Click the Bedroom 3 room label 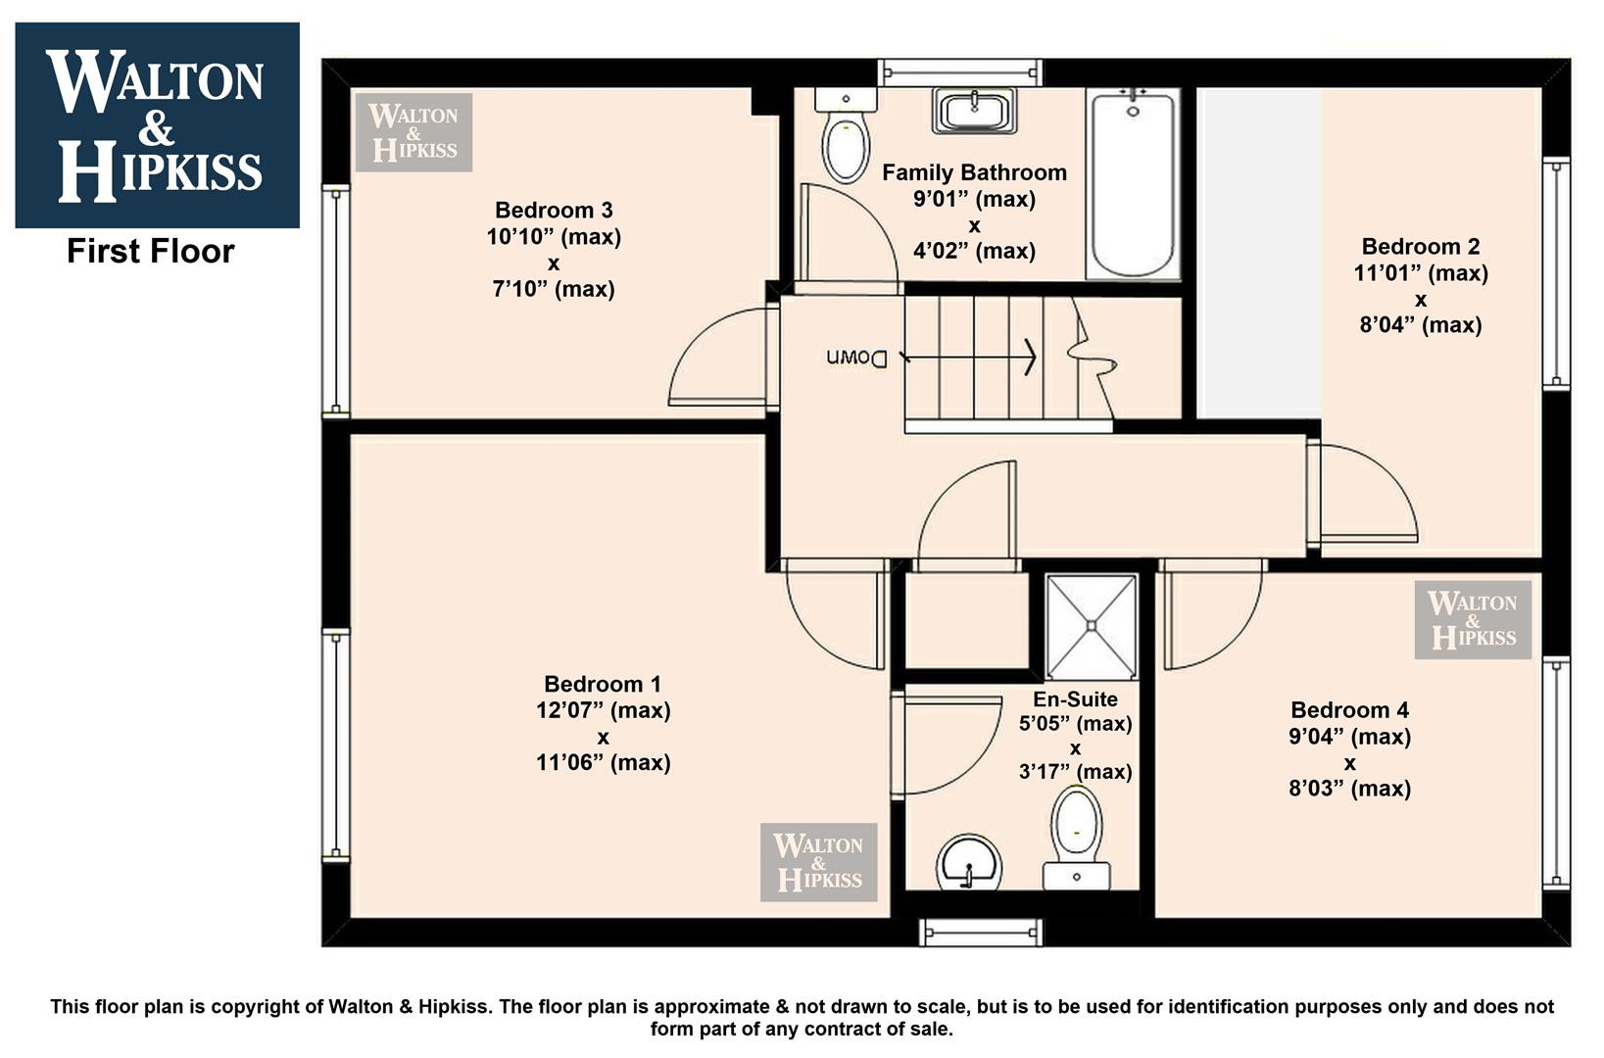(x=554, y=211)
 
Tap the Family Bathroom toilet (x=846, y=134)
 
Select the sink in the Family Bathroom (x=974, y=111)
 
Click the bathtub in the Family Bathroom (x=1132, y=183)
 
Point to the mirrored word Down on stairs (x=856, y=358)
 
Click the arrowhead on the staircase (x=1029, y=356)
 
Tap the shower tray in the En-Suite (x=1091, y=626)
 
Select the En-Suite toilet (x=1076, y=837)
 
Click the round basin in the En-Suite (x=968, y=863)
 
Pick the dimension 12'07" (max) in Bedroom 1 (x=603, y=710)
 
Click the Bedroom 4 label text (x=1349, y=710)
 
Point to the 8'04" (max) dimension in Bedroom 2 (x=1421, y=325)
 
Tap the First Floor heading (x=150, y=251)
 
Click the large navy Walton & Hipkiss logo (x=158, y=125)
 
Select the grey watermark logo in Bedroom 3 (x=413, y=132)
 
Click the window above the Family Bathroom (x=960, y=72)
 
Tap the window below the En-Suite (x=980, y=932)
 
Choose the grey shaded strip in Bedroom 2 (x=1259, y=253)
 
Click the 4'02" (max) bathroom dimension (x=974, y=251)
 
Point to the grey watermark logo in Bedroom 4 (x=1473, y=620)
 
